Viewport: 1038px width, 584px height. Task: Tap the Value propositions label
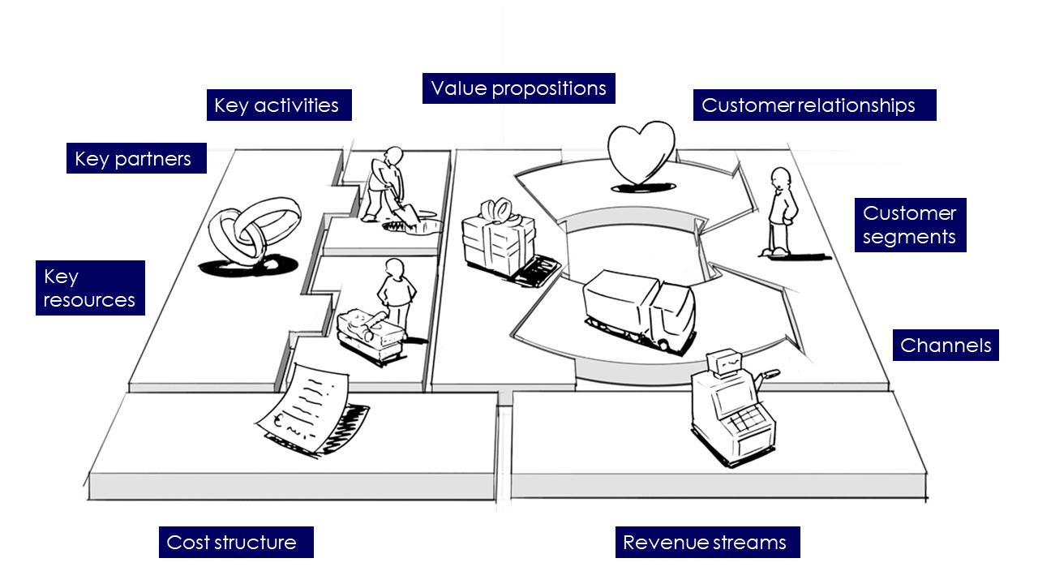click(x=518, y=88)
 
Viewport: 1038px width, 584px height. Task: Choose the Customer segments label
click(x=910, y=225)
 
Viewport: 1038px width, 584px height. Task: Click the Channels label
click(x=946, y=346)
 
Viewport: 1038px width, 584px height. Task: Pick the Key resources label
click(x=90, y=288)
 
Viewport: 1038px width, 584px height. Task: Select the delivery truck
click(x=640, y=311)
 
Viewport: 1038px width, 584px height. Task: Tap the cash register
click(x=732, y=408)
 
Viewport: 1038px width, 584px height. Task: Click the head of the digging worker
click(x=394, y=156)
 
